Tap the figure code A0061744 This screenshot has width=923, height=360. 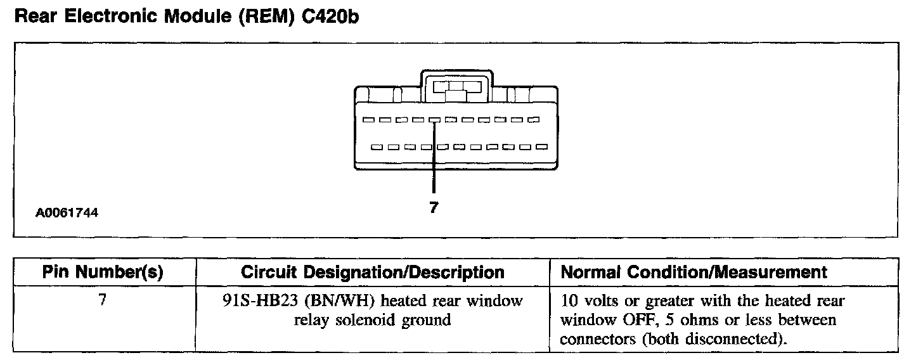(67, 213)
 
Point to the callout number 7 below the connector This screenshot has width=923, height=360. (434, 207)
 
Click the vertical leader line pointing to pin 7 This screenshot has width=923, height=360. (434, 158)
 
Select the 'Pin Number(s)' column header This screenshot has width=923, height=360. (103, 273)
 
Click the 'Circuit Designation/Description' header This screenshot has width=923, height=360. (373, 273)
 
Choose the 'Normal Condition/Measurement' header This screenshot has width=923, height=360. (694, 273)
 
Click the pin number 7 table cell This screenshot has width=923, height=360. (102, 300)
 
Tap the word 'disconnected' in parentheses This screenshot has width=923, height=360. (741, 339)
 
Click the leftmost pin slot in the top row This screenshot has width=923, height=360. (368, 119)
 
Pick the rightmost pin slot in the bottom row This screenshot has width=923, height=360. (541, 147)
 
